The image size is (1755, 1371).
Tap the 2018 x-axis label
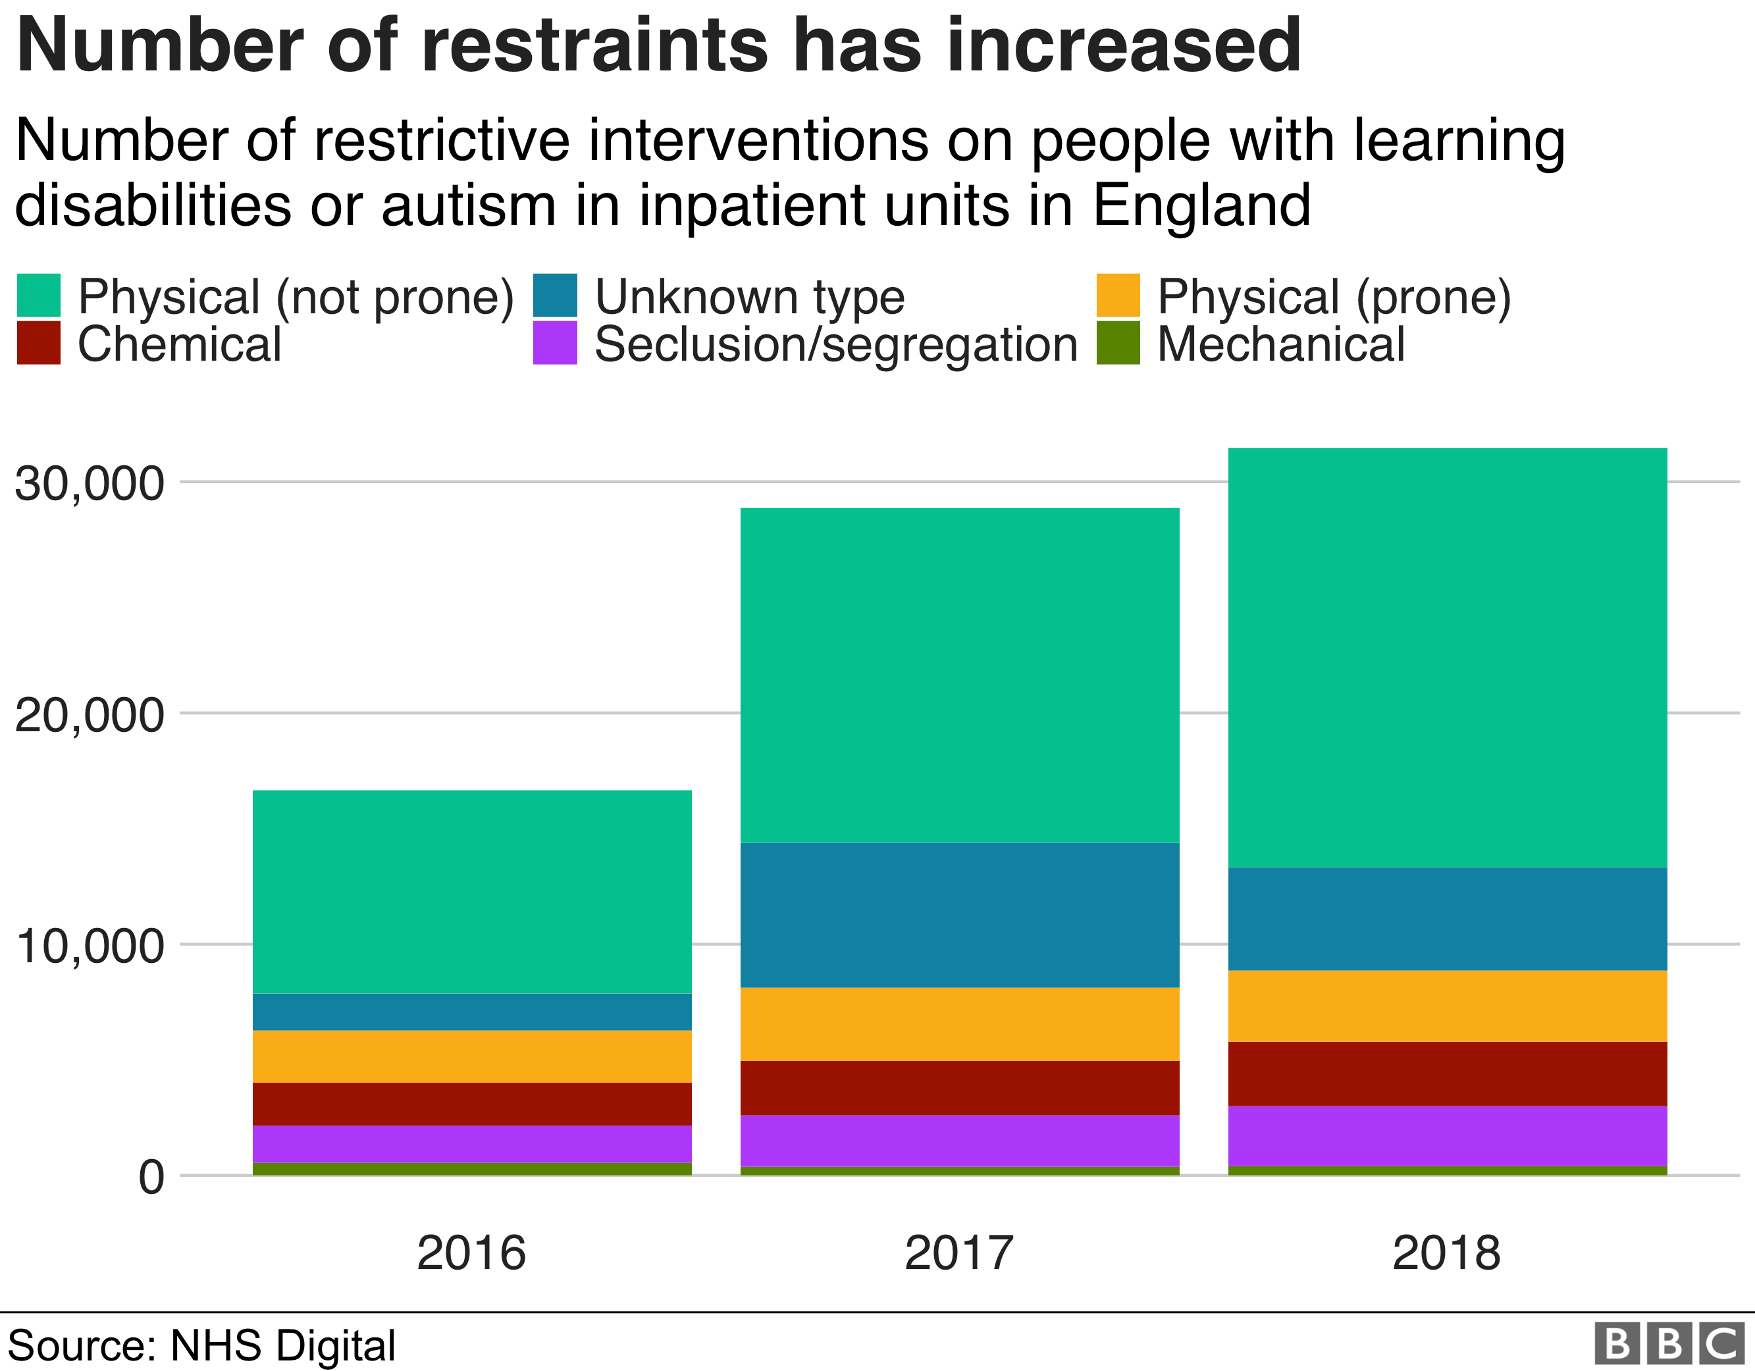(x=1446, y=1253)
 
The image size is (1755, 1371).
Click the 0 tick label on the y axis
(x=151, y=1178)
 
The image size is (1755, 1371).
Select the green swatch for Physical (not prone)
(x=39, y=296)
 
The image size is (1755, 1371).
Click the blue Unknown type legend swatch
(x=554, y=296)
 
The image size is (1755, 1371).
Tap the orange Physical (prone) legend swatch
(x=1118, y=296)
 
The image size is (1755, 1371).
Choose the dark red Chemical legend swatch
(x=39, y=343)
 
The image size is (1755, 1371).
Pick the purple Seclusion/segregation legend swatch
(x=554, y=343)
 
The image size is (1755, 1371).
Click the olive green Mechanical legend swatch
(x=1118, y=343)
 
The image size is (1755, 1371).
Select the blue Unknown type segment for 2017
(x=960, y=914)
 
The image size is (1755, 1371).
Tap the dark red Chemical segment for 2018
(x=1447, y=1074)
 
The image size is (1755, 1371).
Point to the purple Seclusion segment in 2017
(x=960, y=1141)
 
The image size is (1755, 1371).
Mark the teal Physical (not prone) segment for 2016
(x=472, y=891)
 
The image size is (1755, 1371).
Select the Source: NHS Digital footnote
(x=201, y=1345)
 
